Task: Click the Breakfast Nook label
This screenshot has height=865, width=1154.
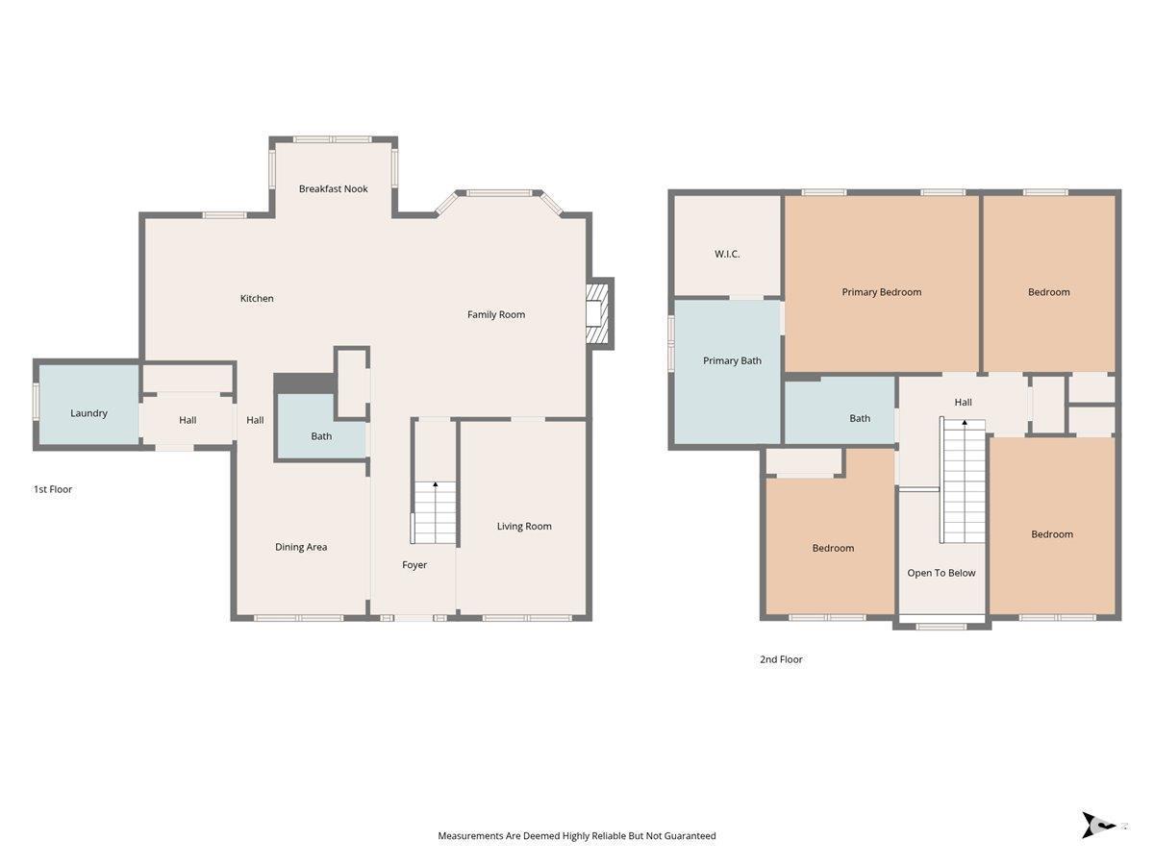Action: pyautogui.click(x=333, y=188)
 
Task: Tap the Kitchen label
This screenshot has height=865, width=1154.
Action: pyautogui.click(x=257, y=298)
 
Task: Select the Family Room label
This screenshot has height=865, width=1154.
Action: pyautogui.click(x=496, y=314)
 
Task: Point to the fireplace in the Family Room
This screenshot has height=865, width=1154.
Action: pyautogui.click(x=599, y=313)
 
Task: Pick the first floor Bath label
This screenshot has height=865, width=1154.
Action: pyautogui.click(x=321, y=436)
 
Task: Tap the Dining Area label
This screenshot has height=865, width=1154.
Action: pyautogui.click(x=301, y=547)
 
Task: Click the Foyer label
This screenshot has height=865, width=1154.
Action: pyautogui.click(x=414, y=564)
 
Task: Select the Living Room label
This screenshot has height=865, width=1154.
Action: pyautogui.click(x=524, y=527)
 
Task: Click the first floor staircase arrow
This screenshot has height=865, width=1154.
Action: pyautogui.click(x=436, y=483)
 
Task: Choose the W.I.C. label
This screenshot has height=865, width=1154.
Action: pyautogui.click(x=727, y=254)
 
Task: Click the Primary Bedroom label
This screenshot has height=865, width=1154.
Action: pyautogui.click(x=881, y=292)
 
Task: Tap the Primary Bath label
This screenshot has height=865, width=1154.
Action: pyautogui.click(x=732, y=360)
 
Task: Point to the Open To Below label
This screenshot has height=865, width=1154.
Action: pyautogui.click(x=941, y=573)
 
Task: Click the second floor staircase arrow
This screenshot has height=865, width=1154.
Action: pyautogui.click(x=965, y=422)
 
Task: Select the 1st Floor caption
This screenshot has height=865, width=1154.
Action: pyautogui.click(x=53, y=489)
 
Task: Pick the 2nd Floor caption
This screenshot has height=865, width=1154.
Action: pyautogui.click(x=781, y=659)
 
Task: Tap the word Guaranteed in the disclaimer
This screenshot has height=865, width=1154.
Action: pyautogui.click(x=690, y=835)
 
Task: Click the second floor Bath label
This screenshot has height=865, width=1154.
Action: pyautogui.click(x=860, y=419)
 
